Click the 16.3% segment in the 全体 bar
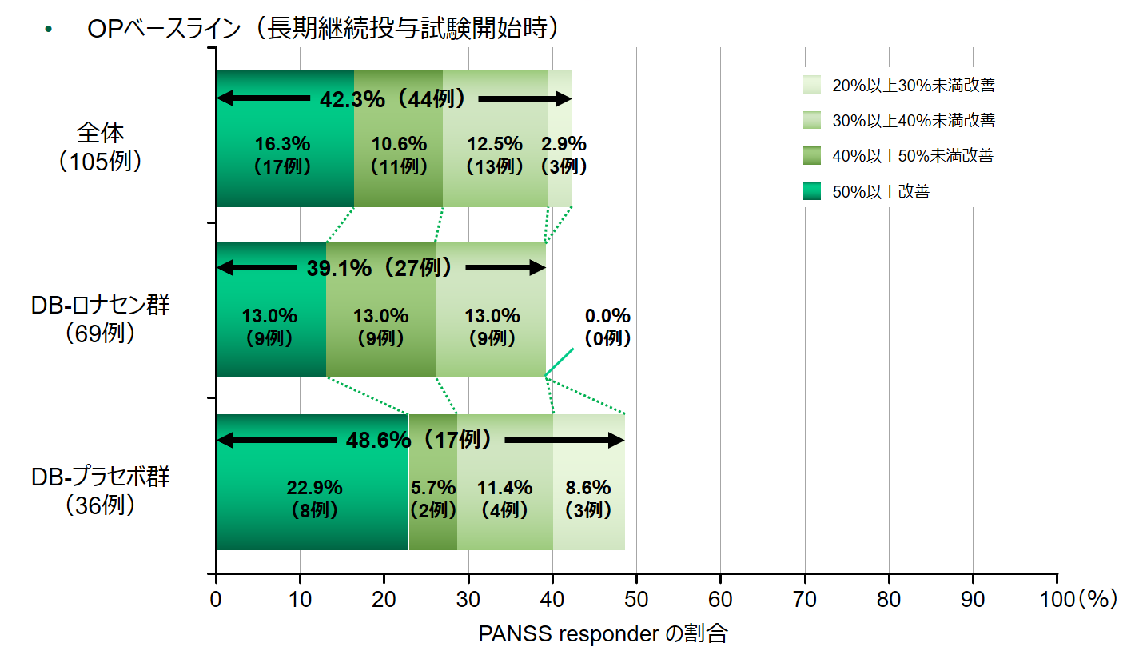[284, 155]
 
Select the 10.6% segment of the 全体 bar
[398, 155]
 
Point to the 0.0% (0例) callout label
[607, 326]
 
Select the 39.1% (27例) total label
[379, 268]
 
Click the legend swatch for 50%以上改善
[812, 191]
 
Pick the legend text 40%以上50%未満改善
[912, 156]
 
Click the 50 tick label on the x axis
[636, 599]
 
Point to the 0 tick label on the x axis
[216, 599]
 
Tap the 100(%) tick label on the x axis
[1081, 599]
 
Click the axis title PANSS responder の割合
[603, 634]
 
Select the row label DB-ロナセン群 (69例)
[101, 318]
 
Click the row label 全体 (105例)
[101, 147]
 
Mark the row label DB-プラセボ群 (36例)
[101, 490]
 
